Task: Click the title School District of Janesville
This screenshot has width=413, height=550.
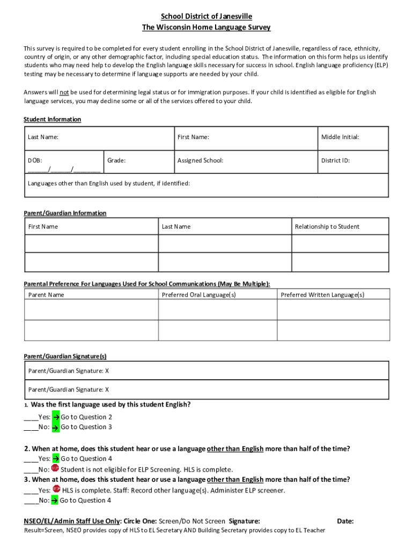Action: coord(206,17)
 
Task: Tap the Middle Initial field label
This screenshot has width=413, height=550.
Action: coord(340,137)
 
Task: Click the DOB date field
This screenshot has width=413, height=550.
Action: coord(64,169)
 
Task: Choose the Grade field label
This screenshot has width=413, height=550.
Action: coord(116,160)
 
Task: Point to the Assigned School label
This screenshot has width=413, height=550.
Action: coord(200,160)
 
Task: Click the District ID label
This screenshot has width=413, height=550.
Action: coord(335,160)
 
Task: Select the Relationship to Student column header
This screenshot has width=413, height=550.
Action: coord(327,227)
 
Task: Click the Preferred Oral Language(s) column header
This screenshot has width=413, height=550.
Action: coord(198,295)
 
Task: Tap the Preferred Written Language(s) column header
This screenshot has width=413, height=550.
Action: coord(322,295)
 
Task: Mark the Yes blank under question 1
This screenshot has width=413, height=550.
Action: coord(31,417)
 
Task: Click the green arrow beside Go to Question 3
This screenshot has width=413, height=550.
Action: coord(55,428)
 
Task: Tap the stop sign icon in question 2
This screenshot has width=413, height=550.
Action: coord(55,469)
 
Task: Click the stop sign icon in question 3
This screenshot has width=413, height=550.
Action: coord(56,490)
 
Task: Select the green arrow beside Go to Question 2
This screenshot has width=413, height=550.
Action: coord(55,417)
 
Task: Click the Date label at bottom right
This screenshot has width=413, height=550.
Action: coord(345,521)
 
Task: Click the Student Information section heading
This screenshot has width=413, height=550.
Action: coord(52,119)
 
